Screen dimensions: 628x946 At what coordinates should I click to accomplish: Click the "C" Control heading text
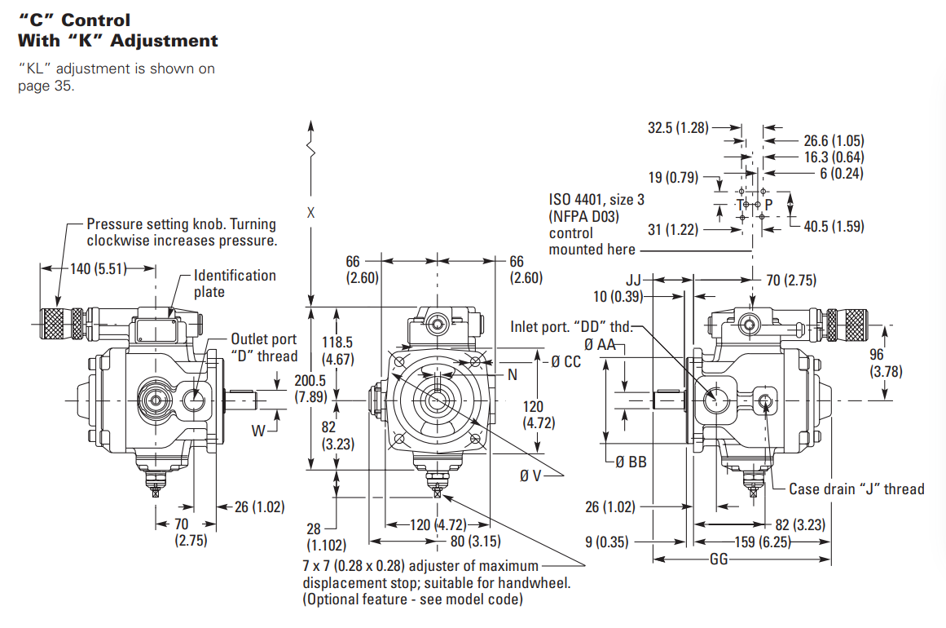pyautogui.click(x=74, y=20)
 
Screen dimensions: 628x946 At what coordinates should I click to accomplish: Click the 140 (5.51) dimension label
pyautogui.click(x=92, y=268)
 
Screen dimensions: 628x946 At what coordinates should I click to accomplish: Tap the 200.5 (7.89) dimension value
pyautogui.click(x=312, y=389)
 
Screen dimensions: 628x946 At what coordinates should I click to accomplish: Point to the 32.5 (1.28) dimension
pyautogui.click(x=677, y=127)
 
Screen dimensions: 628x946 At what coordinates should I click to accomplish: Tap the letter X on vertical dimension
pyautogui.click(x=310, y=214)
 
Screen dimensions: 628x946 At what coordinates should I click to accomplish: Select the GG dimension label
pyautogui.click(x=719, y=559)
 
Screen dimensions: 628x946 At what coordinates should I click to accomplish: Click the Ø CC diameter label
pyautogui.click(x=566, y=361)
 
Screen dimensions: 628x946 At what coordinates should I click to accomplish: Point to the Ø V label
pyautogui.click(x=530, y=475)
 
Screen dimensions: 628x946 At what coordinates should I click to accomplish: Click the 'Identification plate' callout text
pyautogui.click(x=235, y=283)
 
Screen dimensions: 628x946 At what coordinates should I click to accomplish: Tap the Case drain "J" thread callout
pyautogui.click(x=856, y=489)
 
